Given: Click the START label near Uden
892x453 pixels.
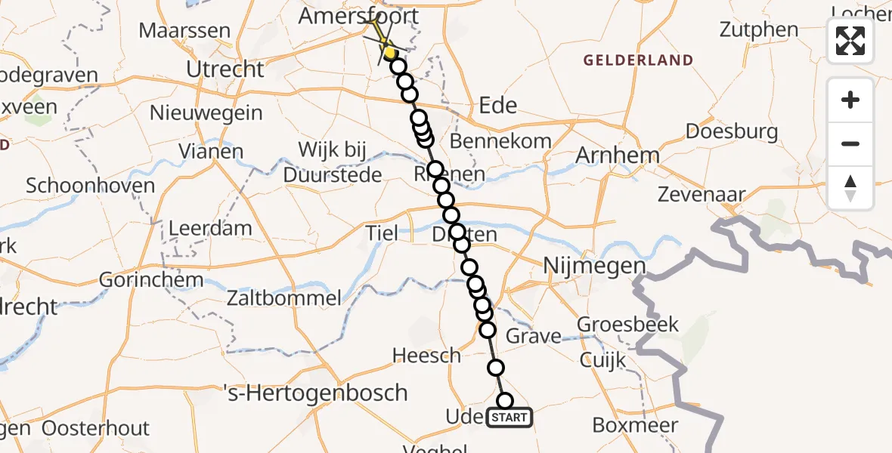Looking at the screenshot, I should pyautogui.click(x=510, y=417).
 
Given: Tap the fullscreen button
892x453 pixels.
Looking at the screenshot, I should pyautogui.click(x=850, y=41).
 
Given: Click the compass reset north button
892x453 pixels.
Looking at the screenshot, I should pyautogui.click(x=850, y=188).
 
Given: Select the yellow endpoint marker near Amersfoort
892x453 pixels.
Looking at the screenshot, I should pyautogui.click(x=389, y=52).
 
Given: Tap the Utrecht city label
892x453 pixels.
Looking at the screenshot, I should pyautogui.click(x=225, y=69).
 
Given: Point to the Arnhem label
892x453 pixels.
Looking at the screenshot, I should pyautogui.click(x=618, y=156).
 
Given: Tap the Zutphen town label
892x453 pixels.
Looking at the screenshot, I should pyautogui.click(x=758, y=30).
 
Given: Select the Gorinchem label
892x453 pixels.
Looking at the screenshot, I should pyautogui.click(x=152, y=280).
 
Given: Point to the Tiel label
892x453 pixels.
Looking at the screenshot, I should pyautogui.click(x=381, y=233).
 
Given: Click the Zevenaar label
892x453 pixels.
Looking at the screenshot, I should pyautogui.click(x=700, y=195).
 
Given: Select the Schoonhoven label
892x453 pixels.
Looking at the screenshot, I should pyautogui.click(x=90, y=186).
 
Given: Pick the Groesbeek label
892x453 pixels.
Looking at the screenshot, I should pyautogui.click(x=627, y=325).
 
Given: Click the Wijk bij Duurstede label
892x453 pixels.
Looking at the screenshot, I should pyautogui.click(x=332, y=162).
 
